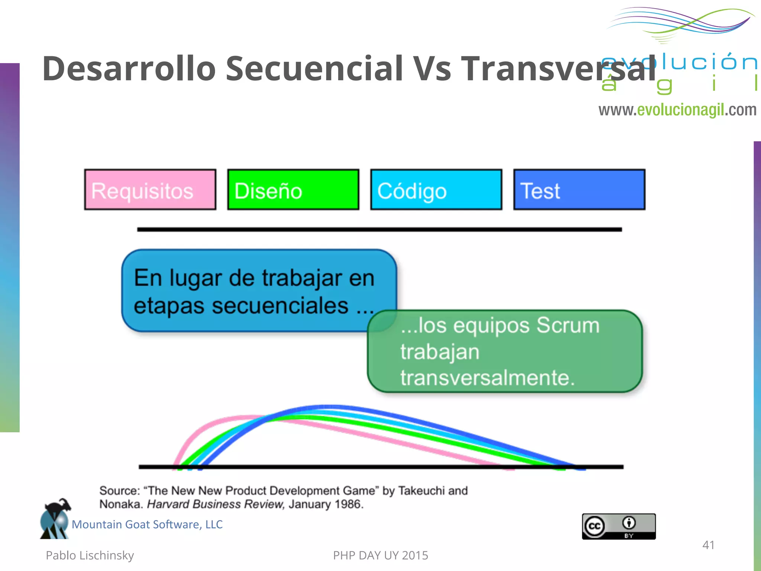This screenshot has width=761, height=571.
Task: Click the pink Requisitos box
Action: [x=150, y=190]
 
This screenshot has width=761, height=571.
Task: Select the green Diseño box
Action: [x=293, y=190]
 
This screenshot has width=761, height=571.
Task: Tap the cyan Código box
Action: [x=436, y=190]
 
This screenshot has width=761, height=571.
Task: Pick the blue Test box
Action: [x=579, y=190]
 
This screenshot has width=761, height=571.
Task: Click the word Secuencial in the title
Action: [x=314, y=68]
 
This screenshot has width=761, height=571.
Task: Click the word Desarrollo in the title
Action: [x=129, y=68]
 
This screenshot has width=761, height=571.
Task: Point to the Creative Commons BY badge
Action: [x=619, y=526]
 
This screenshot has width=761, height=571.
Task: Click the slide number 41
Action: [x=708, y=545]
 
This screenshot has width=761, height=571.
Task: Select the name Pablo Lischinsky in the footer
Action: [x=90, y=555]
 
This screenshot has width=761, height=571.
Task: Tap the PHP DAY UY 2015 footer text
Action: [x=380, y=555]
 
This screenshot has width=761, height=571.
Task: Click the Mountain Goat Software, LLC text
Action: [x=147, y=525]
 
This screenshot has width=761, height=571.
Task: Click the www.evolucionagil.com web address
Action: [x=677, y=110]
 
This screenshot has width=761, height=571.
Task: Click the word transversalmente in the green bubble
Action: [x=487, y=378]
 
